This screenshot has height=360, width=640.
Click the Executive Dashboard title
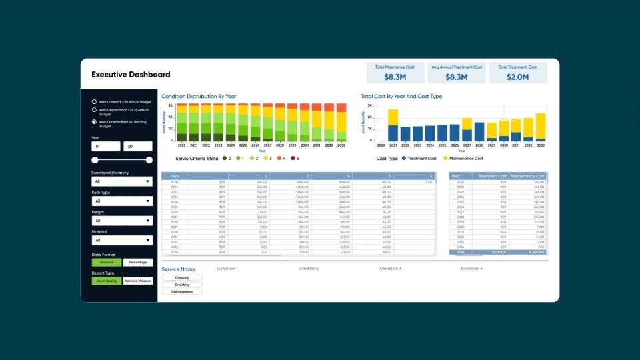[131, 75]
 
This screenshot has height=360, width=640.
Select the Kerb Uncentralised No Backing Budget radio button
[94, 122]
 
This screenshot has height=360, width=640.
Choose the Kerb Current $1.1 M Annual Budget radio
[94, 101]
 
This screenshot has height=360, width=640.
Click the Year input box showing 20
[138, 147]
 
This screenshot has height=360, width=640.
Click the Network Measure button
[138, 281]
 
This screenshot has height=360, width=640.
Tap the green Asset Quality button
[107, 281]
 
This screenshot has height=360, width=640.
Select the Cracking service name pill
[182, 285]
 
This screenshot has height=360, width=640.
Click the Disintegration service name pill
[182, 291]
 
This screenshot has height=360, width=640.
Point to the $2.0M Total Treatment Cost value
[518, 77]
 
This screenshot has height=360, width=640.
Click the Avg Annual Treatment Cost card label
[456, 67]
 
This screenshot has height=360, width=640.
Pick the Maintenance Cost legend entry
[464, 159]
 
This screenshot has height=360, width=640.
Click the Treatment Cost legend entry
[418, 159]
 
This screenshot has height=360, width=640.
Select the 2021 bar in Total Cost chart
[393, 125]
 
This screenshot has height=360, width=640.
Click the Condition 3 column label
[390, 268]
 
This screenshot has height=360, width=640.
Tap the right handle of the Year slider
[149, 160]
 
